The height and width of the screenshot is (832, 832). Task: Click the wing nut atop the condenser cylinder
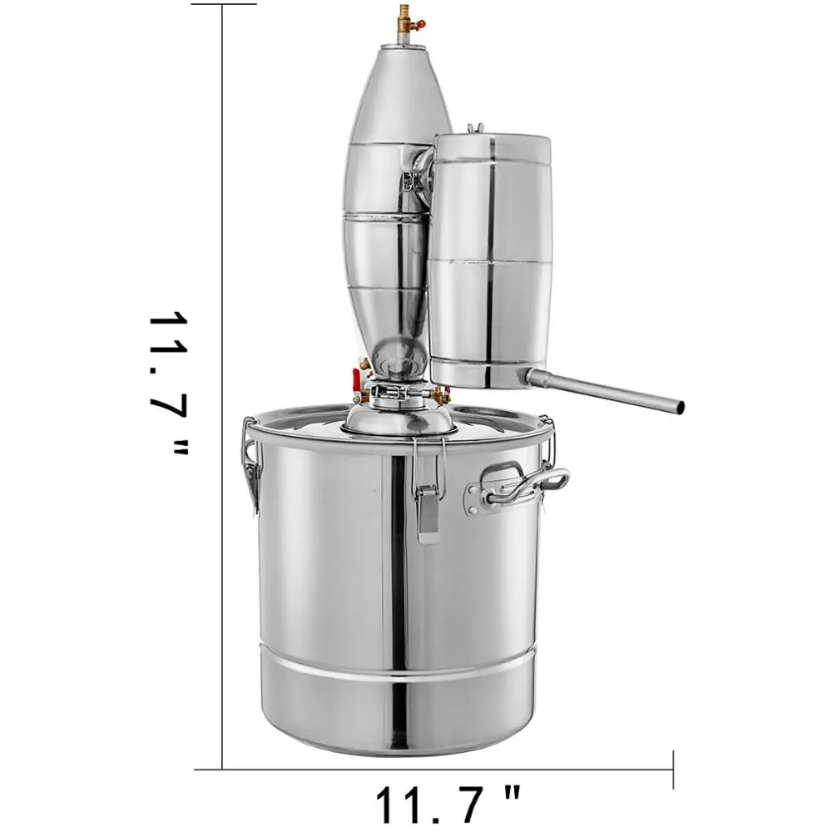click(476, 129)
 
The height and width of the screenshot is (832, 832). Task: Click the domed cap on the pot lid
click(398, 416)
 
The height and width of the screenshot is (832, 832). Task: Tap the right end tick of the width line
click(672, 769)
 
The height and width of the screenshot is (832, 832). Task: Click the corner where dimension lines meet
click(223, 769)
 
